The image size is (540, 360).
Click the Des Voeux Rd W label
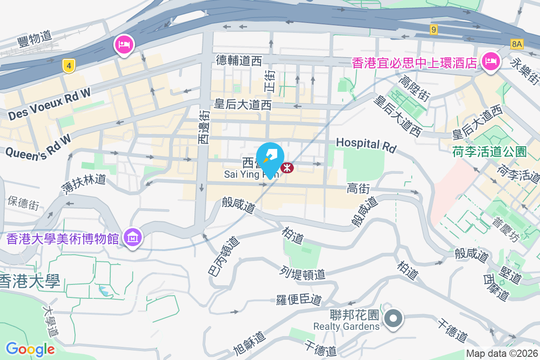49,104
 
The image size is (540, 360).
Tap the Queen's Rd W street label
38,145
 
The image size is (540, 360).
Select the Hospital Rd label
366,144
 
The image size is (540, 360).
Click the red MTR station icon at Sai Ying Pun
287,168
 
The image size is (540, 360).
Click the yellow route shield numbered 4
68,66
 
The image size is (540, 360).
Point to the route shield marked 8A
517,44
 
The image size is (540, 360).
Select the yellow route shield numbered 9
433,30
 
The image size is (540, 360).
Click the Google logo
30,349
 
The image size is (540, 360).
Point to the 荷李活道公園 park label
489,152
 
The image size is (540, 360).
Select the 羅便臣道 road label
299,299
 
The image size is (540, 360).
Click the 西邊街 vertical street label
204,127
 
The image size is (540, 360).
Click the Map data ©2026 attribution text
502,354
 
